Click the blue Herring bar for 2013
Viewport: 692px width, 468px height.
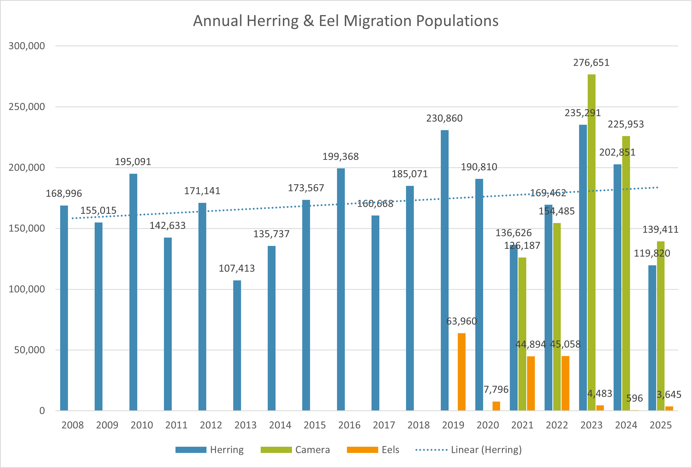pyautogui.click(x=237, y=345)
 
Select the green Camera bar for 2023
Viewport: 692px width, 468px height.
pyautogui.click(x=591, y=242)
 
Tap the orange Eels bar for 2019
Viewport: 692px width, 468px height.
pyautogui.click(x=462, y=372)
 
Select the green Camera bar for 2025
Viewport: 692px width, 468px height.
pyautogui.click(x=660, y=326)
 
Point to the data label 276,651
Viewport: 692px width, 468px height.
pyautogui.click(x=591, y=63)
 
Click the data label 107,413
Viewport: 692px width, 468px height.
pyautogui.click(x=237, y=268)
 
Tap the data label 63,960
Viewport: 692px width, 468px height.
pyautogui.click(x=462, y=321)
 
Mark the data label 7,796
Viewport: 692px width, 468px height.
pyautogui.click(x=496, y=389)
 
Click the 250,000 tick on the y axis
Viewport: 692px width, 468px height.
pyautogui.click(x=26, y=107)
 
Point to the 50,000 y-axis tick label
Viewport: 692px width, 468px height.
pyautogui.click(x=29, y=350)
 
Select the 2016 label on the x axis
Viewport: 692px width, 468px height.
pyautogui.click(x=349, y=425)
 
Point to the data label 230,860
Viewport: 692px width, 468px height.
pyautogui.click(x=444, y=118)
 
